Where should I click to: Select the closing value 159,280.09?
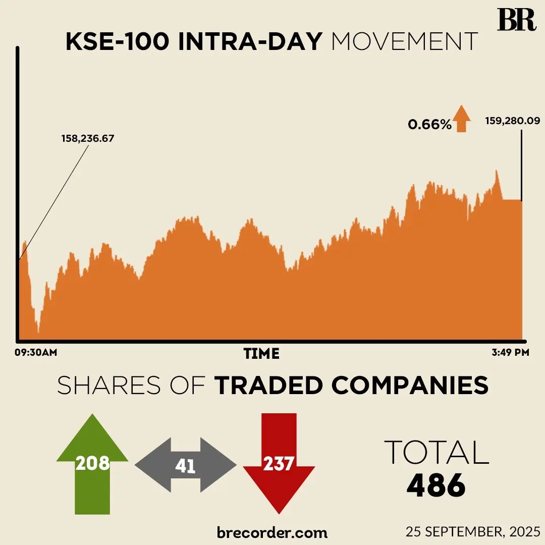pos(512,121)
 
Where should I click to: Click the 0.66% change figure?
pos(429,124)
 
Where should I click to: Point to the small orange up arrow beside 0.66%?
pos(461,119)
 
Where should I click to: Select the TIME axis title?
pos(261,353)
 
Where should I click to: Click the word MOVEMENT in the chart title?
pos(404,42)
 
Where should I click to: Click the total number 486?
pos(436,485)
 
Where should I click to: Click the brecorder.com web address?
pos(272,532)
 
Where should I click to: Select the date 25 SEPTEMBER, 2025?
pos(473,531)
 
